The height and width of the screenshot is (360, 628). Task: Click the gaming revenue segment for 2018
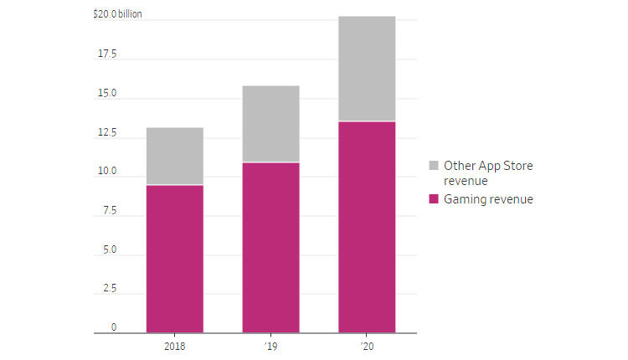(174, 259)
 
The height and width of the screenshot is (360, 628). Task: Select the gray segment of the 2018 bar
(174, 156)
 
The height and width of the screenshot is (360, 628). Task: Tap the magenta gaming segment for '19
(270, 248)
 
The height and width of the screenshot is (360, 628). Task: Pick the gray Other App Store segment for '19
(270, 123)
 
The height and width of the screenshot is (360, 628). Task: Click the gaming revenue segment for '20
(367, 227)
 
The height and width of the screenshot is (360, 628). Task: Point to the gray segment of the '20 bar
(367, 69)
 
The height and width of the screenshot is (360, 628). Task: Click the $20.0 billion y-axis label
(117, 14)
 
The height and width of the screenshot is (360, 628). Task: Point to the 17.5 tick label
(108, 54)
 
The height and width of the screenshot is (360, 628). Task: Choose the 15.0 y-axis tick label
(108, 94)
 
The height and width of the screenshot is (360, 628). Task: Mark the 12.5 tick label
(108, 133)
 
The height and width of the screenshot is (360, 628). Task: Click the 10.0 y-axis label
(108, 172)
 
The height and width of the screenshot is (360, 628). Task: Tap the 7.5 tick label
(110, 211)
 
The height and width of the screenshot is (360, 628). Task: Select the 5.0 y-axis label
(110, 250)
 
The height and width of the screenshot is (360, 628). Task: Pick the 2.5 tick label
(110, 289)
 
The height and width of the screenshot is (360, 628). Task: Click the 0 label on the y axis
(114, 327)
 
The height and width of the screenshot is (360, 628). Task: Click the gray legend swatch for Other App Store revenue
(433, 166)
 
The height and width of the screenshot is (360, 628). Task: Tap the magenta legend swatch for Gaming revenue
(433, 199)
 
